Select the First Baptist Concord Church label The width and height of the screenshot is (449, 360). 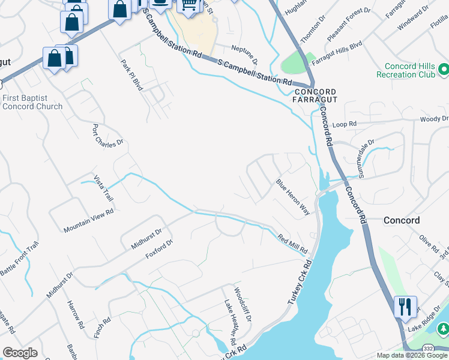32,102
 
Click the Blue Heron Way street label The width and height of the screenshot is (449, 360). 293,197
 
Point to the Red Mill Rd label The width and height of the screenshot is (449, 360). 292,243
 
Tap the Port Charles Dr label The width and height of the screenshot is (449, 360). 107,135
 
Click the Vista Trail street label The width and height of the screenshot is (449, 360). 103,188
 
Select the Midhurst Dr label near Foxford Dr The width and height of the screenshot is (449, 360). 146,239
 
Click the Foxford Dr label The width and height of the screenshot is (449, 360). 159,250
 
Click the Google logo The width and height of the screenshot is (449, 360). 20,353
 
